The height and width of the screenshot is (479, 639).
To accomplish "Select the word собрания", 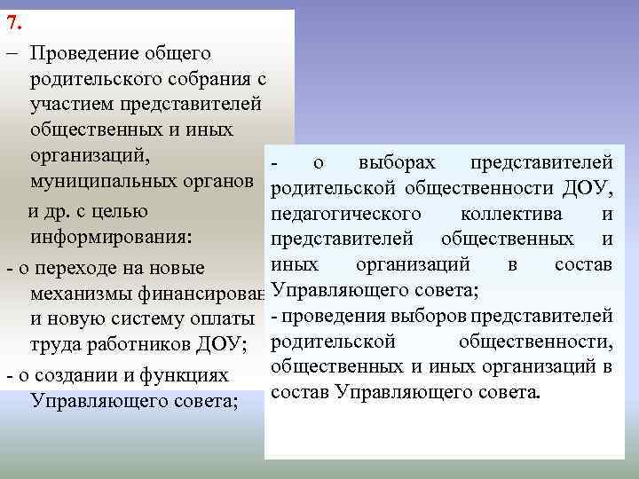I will (206, 80).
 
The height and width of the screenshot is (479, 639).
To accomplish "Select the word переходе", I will (91, 268).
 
